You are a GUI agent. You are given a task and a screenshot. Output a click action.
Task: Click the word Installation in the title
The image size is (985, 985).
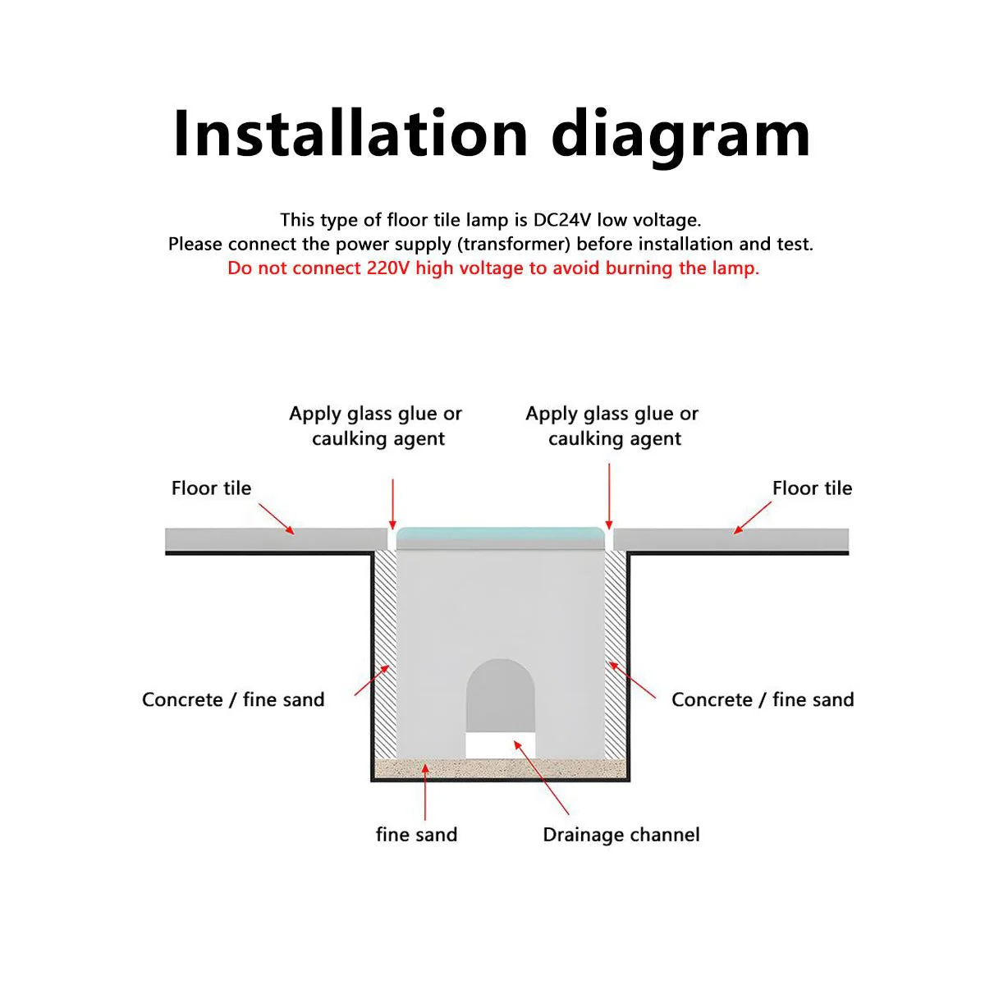[350, 134]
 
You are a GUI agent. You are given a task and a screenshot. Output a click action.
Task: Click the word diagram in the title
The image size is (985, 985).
[680, 137]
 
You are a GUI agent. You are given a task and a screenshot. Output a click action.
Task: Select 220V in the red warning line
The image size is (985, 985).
[388, 268]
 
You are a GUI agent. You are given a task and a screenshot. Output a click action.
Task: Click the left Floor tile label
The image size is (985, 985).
[211, 488]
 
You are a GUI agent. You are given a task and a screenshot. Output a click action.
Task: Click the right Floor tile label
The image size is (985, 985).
[813, 488]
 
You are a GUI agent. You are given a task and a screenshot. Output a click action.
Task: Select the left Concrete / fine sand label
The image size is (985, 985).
[234, 699]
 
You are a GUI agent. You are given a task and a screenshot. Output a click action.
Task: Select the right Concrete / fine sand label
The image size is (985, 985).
[763, 699]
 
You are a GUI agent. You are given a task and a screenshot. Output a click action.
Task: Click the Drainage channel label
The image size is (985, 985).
[621, 835]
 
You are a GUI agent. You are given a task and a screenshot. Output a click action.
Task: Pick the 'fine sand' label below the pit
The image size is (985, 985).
[417, 835]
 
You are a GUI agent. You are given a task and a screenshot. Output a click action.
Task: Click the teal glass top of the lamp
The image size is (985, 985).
[501, 536]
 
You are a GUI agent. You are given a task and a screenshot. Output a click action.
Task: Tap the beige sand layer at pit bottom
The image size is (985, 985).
[501, 768]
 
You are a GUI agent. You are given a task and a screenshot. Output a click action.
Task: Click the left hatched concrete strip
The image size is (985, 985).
[386, 655]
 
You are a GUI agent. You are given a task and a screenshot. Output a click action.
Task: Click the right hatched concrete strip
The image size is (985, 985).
[616, 655]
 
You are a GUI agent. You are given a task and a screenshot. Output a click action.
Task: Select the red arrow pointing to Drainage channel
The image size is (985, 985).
[541, 777]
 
